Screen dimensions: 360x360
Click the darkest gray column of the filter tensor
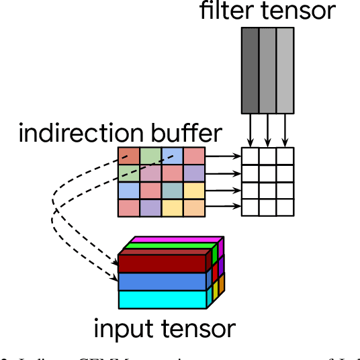[x=250, y=70]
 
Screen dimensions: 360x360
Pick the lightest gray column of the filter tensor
[x=285, y=70]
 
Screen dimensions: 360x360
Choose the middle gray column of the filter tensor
[x=267, y=70]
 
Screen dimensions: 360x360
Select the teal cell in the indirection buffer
[x=172, y=190]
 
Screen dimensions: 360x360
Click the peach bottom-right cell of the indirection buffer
[x=193, y=208]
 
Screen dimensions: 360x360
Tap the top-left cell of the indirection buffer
[x=129, y=156]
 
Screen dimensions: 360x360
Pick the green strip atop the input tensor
[x=171, y=246]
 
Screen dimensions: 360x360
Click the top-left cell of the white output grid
[x=250, y=156]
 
